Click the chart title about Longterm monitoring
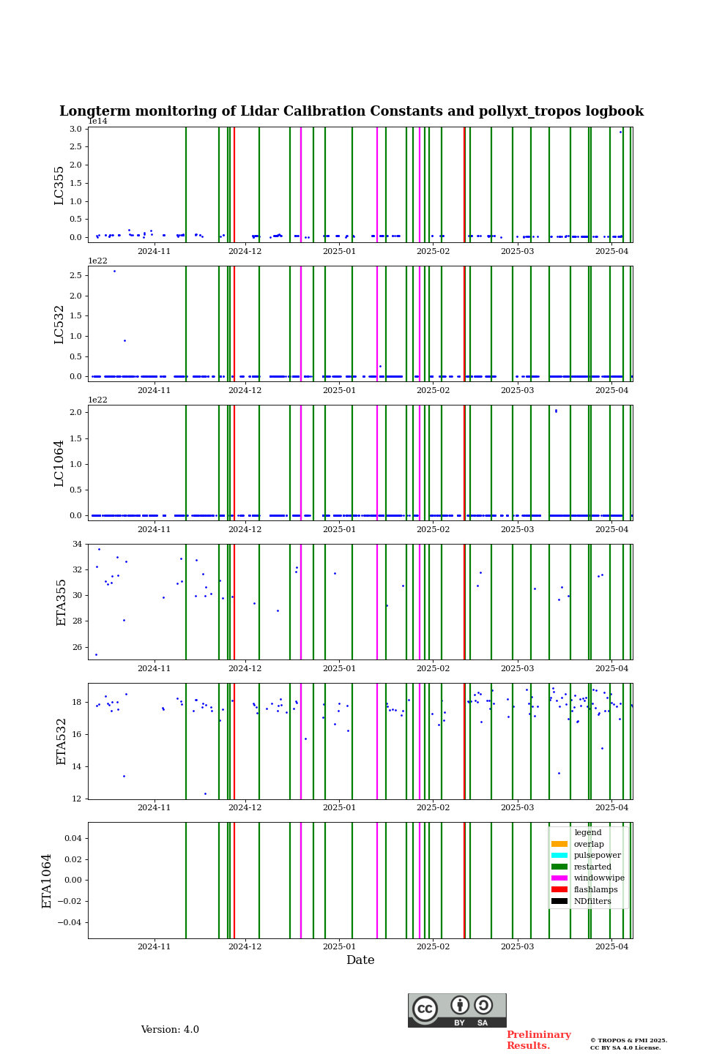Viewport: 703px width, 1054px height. click(x=351, y=112)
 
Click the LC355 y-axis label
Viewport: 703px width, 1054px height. click(x=59, y=185)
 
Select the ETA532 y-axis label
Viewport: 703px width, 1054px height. click(x=62, y=741)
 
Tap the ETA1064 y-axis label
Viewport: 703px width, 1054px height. click(x=47, y=881)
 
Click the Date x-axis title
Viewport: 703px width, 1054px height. click(x=360, y=960)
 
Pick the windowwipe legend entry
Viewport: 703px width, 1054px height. click(x=599, y=878)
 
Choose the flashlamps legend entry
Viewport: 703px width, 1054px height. click(x=595, y=890)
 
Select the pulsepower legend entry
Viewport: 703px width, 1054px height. click(x=597, y=856)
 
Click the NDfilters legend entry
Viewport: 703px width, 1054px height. click(x=592, y=902)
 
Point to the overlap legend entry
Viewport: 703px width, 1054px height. click(x=589, y=845)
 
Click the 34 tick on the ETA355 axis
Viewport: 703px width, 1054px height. click(x=77, y=545)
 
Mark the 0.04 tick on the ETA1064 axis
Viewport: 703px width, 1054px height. click(x=72, y=838)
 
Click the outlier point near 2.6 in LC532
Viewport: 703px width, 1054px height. click(x=114, y=271)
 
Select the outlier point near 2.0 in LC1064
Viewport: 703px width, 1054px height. click(x=556, y=411)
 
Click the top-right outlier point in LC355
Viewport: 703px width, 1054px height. click(x=620, y=132)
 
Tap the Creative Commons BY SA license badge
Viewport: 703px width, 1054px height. click(x=457, y=1010)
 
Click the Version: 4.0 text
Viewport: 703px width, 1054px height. click(x=170, y=1030)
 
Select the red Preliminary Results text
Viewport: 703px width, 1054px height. click(x=538, y=1040)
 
